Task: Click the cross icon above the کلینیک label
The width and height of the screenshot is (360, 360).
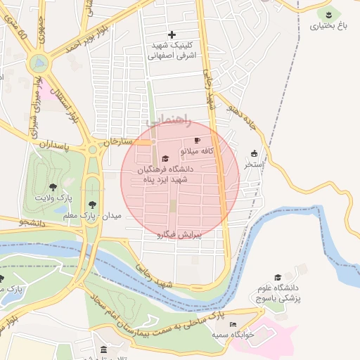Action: pyautogui.click(x=172, y=34)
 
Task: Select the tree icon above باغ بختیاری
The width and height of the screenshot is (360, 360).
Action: pyautogui.click(x=328, y=13)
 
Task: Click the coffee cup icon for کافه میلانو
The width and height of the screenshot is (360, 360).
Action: pyautogui.click(x=197, y=141)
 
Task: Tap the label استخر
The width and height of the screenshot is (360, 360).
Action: pyautogui.click(x=254, y=165)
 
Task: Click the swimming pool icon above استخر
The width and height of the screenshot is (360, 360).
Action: pyautogui.click(x=254, y=153)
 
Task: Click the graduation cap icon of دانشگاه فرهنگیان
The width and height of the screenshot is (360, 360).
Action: pyautogui.click(x=165, y=158)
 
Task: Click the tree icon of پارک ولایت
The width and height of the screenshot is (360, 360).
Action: pyautogui.click(x=53, y=187)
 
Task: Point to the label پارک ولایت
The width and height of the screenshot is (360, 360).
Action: pyautogui.click(x=53, y=199)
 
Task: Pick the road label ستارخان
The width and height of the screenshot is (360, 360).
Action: pyautogui.click(x=117, y=141)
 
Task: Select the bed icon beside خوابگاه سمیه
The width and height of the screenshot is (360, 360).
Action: pyautogui.click(x=233, y=324)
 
